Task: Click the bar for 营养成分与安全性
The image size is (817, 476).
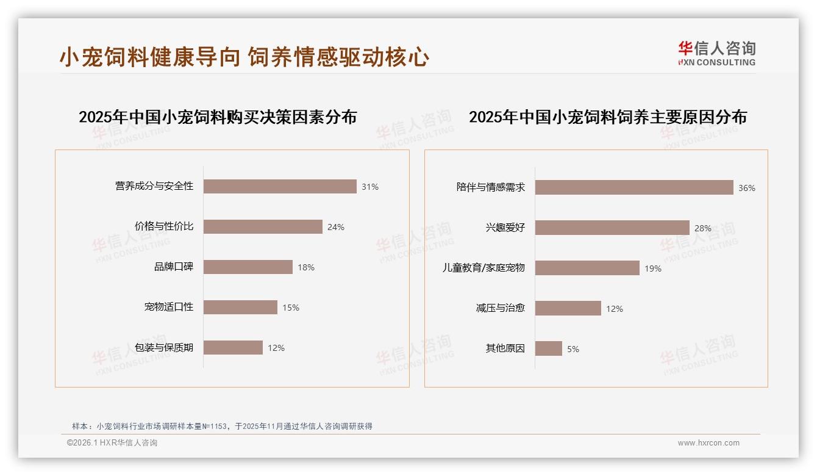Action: pos(280,186)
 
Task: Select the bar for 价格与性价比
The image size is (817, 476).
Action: pos(263,226)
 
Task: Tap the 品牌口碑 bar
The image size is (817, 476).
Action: pos(248,267)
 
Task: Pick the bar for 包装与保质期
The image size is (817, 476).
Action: pos(233,347)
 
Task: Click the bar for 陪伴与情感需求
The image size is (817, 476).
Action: pos(634,187)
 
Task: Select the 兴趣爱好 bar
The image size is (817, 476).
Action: pos(612,228)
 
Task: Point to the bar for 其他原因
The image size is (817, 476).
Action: pos(549,348)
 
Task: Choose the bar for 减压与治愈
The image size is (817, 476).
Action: pos(568,308)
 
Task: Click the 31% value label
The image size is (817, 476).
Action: pos(370,187)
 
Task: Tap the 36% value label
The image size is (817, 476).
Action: pos(747,188)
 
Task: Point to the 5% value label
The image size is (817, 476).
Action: pos(573,349)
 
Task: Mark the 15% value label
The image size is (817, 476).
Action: pos(291,308)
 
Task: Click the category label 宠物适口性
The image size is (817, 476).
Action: pos(169,306)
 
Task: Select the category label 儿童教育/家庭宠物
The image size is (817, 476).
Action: pos(483,268)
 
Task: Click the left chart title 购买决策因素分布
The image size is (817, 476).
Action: pos(218,117)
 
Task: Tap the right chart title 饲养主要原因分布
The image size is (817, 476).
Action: pos(608,117)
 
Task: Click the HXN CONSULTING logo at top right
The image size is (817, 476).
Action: pos(717,54)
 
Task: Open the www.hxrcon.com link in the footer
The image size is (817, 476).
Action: pos(708,443)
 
